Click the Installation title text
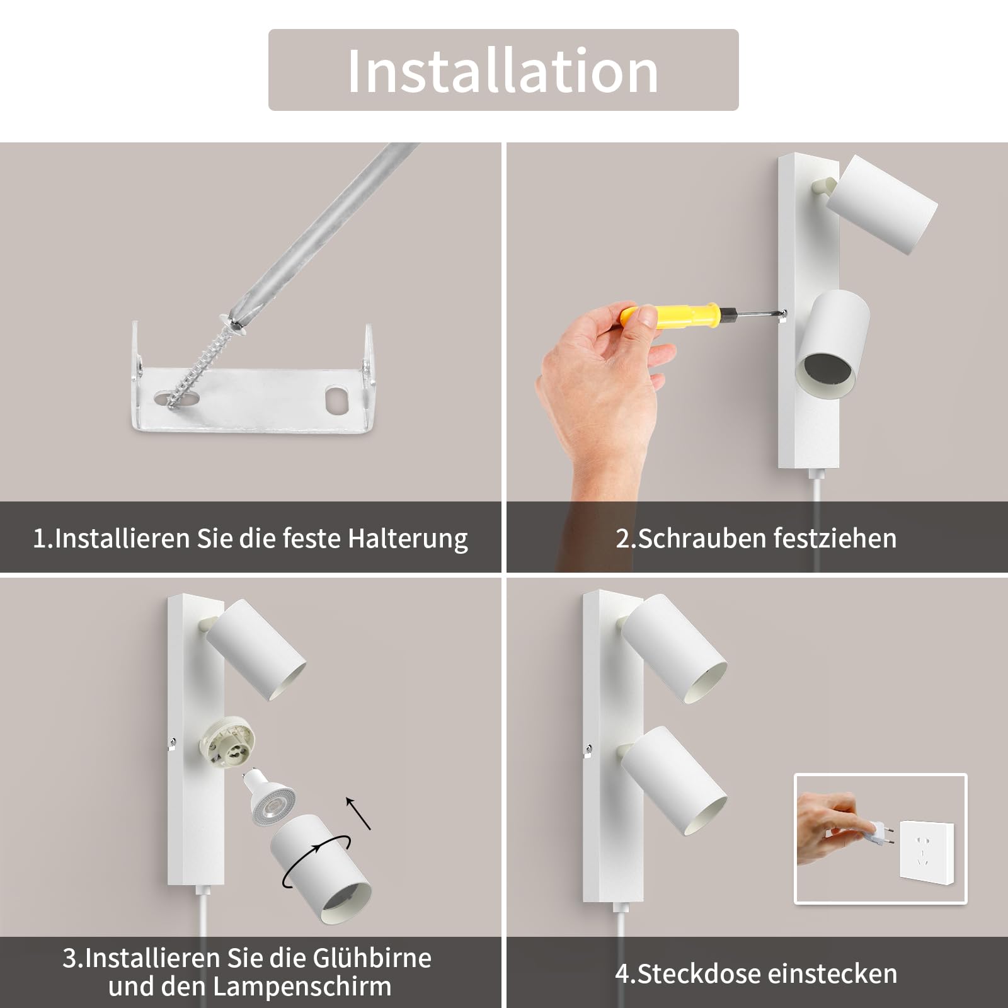coord(503,70)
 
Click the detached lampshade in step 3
coord(321,870)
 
